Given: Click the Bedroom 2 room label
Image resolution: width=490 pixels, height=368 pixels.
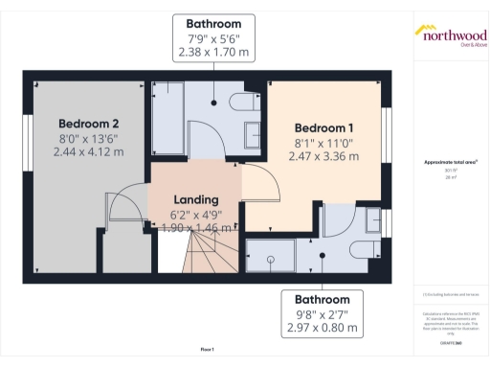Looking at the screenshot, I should tap(89, 124).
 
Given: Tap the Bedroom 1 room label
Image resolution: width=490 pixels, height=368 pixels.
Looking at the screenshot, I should tap(323, 128).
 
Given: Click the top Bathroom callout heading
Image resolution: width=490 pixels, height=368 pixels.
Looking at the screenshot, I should tap(213, 22).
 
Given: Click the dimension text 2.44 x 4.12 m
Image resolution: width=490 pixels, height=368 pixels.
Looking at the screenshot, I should tap(89, 151).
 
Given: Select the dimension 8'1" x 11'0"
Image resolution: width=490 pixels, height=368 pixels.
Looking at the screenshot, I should tap(323, 143).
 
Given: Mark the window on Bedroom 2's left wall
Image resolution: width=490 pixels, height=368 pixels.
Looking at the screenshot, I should tap(29, 136).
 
